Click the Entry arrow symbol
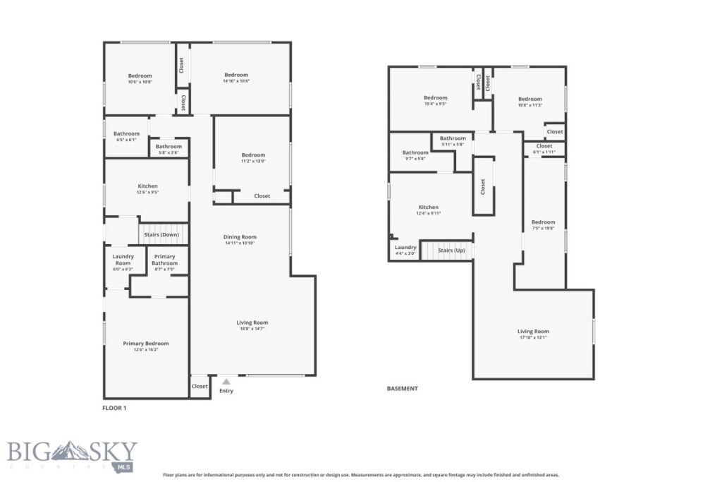point(226,382)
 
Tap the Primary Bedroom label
point(146,344)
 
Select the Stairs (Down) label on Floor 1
point(161,234)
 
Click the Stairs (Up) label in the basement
point(451,251)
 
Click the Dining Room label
point(240,237)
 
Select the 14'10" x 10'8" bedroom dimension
point(236,82)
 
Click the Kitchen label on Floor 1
point(147,186)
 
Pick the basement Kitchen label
point(428,207)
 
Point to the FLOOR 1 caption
point(115,408)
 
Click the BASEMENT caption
point(402,388)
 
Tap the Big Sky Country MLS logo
point(73,456)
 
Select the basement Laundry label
point(405,248)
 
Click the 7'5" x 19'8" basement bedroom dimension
point(543,229)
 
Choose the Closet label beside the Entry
point(200,386)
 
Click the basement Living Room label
point(533,331)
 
